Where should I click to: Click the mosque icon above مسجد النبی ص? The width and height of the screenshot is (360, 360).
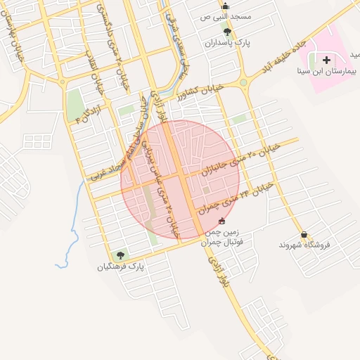click(225, 6)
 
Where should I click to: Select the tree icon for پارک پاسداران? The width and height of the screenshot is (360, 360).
click(226, 32)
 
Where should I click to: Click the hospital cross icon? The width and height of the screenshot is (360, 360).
click(326, 60)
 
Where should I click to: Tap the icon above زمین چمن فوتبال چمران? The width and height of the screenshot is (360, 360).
click(222, 221)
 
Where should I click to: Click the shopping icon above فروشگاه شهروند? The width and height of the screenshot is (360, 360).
click(304, 235)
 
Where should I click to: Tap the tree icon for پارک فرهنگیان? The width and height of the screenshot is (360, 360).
click(120, 255)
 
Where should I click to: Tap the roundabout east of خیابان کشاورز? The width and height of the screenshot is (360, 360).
click(243, 82)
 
